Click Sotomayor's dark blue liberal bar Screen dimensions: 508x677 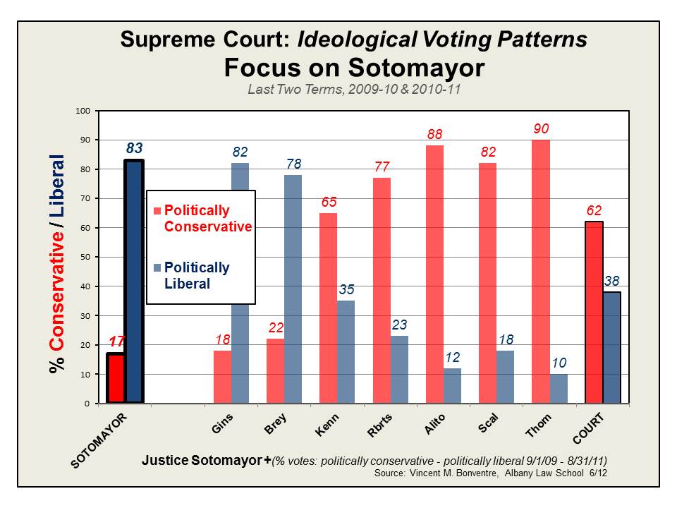pyautogui.click(x=134, y=282)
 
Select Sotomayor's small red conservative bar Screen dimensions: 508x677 pyautogui.click(x=115, y=378)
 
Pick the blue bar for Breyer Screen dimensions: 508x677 pyautogui.click(x=293, y=289)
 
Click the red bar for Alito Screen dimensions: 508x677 pyautogui.click(x=435, y=274)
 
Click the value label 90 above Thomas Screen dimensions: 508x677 pyautogui.click(x=541, y=129)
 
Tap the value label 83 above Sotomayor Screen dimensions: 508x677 pyautogui.click(x=135, y=148)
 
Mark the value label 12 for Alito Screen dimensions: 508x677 pyautogui.click(x=452, y=358)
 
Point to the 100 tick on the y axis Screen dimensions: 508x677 pyautogui.click(x=85, y=111)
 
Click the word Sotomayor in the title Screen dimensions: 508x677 pyautogui.click(x=416, y=68)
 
